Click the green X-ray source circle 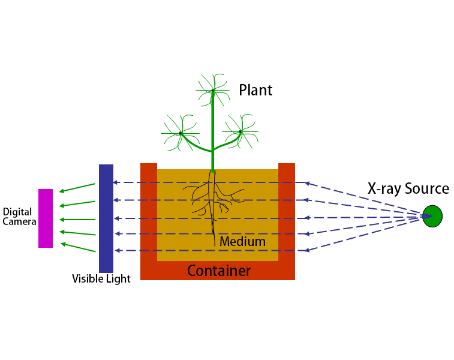pos(432,216)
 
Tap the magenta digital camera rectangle pos(46,218)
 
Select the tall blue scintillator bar pos(106,218)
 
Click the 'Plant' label pos(255,91)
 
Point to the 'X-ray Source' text pos(408,188)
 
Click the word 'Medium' pos(242,242)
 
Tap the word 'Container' pos(219,271)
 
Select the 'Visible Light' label pos(101,279)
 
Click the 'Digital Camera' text pos(20,217)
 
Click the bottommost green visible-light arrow pos(78,247)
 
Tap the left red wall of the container pos(148,216)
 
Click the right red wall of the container pos(287,216)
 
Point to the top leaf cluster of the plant pos(213,91)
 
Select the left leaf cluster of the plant pos(180,133)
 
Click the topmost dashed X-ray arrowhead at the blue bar pos(116,182)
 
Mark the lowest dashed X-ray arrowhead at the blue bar pos(116,250)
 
